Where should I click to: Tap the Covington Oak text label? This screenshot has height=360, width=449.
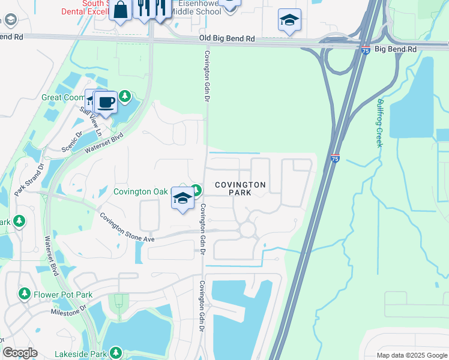tap(141, 191)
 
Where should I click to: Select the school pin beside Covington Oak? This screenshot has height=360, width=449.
tap(182, 198)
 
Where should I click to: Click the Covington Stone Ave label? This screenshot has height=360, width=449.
tap(127, 227)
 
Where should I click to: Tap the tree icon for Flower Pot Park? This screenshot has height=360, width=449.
tap(25, 294)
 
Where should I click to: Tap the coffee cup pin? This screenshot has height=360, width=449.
tap(106, 102)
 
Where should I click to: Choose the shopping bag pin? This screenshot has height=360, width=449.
tap(121, 10)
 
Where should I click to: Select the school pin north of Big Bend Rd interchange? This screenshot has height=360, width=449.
tap(289, 20)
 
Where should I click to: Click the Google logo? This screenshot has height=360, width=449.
tap(20, 353)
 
